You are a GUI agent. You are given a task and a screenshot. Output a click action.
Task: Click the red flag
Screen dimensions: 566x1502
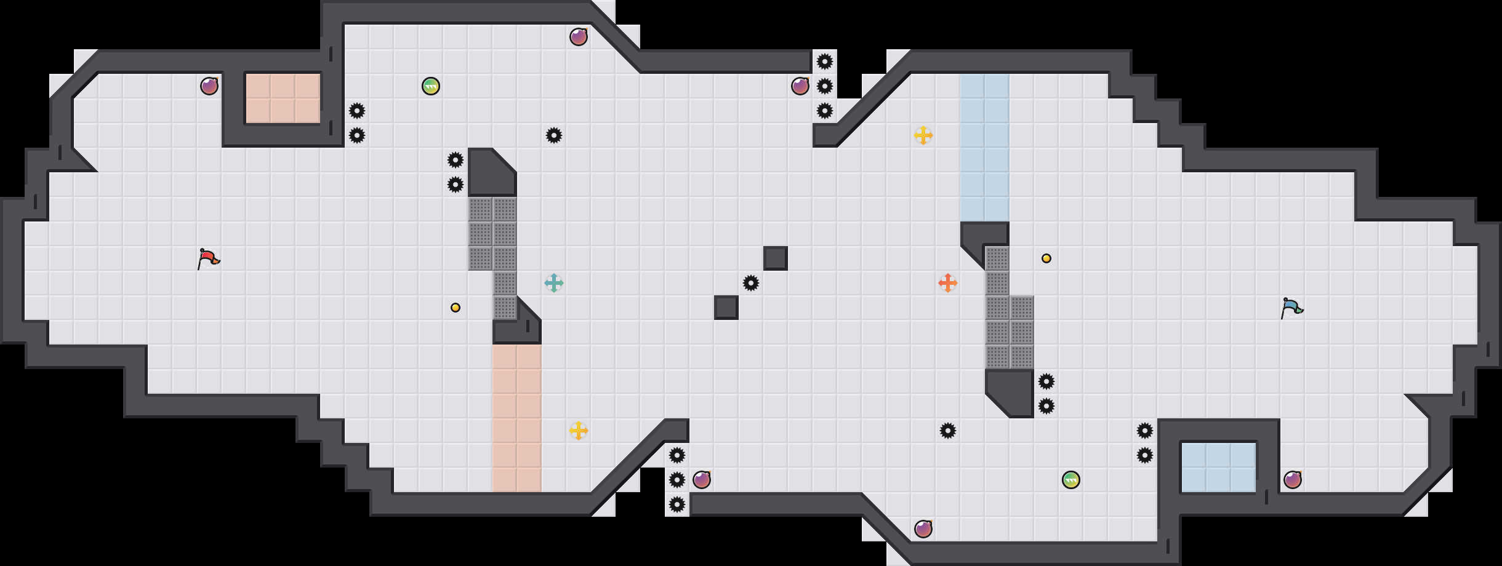click(208, 258)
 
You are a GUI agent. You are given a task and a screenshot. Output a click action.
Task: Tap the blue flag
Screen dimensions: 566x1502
click(1291, 308)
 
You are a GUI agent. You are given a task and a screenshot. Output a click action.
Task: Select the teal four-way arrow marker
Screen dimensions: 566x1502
click(554, 283)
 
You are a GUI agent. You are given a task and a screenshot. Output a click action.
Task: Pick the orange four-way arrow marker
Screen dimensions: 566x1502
click(948, 283)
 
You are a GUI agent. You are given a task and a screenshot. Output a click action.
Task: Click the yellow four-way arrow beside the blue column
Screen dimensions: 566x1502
click(923, 135)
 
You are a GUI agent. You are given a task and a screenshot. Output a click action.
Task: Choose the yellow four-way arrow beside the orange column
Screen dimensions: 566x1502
click(579, 431)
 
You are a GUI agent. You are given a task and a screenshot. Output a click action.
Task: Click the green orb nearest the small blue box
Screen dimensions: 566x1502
click(1071, 480)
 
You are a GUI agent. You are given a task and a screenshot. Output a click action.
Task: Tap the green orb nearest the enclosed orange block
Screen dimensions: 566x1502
click(431, 86)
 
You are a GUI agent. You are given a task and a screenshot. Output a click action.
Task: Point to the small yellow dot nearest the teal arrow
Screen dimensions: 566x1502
click(456, 308)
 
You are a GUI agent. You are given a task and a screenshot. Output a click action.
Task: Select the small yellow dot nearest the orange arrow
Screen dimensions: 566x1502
click(1046, 258)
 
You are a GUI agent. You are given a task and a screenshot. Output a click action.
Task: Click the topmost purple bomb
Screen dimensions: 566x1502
click(579, 37)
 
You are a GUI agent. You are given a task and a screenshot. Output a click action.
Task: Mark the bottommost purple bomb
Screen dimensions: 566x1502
click(923, 529)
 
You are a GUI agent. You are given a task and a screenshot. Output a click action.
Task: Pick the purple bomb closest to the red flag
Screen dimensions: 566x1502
click(209, 86)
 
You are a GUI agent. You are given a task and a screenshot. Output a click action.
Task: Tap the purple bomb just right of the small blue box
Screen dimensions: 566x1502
click(1293, 480)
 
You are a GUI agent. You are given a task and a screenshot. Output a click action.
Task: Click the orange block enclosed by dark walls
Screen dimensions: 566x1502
click(283, 98)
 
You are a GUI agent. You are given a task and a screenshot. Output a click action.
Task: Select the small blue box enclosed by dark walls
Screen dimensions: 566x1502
click(1219, 468)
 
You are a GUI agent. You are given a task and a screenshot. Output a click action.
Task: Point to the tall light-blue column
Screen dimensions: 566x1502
click(985, 148)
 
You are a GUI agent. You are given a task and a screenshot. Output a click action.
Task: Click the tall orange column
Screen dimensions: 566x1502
click(517, 418)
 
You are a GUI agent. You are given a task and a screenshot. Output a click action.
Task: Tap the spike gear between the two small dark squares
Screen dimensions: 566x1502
click(751, 283)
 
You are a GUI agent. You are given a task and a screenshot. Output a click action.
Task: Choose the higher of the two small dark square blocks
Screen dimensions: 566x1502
click(776, 258)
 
